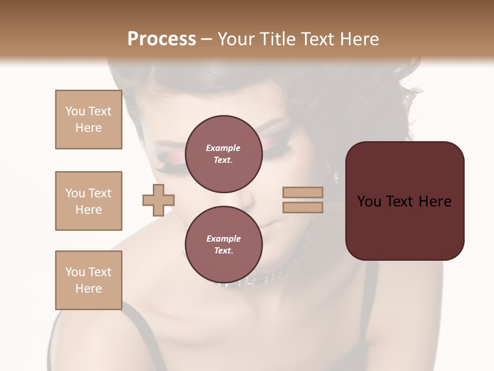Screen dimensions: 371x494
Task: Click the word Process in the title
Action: point(162,39)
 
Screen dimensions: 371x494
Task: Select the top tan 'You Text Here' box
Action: point(89,120)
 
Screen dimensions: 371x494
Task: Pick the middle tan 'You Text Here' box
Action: point(89,201)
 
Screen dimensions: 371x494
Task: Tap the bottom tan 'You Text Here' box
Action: point(89,280)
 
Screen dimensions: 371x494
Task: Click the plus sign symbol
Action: point(158,200)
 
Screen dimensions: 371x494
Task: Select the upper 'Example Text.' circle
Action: point(223,154)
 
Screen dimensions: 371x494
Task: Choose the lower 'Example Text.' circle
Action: point(223,244)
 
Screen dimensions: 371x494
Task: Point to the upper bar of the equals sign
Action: point(303,193)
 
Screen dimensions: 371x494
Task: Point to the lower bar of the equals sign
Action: point(303,208)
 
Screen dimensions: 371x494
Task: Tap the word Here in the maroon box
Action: point(435,201)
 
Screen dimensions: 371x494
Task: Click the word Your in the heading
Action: point(237,39)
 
